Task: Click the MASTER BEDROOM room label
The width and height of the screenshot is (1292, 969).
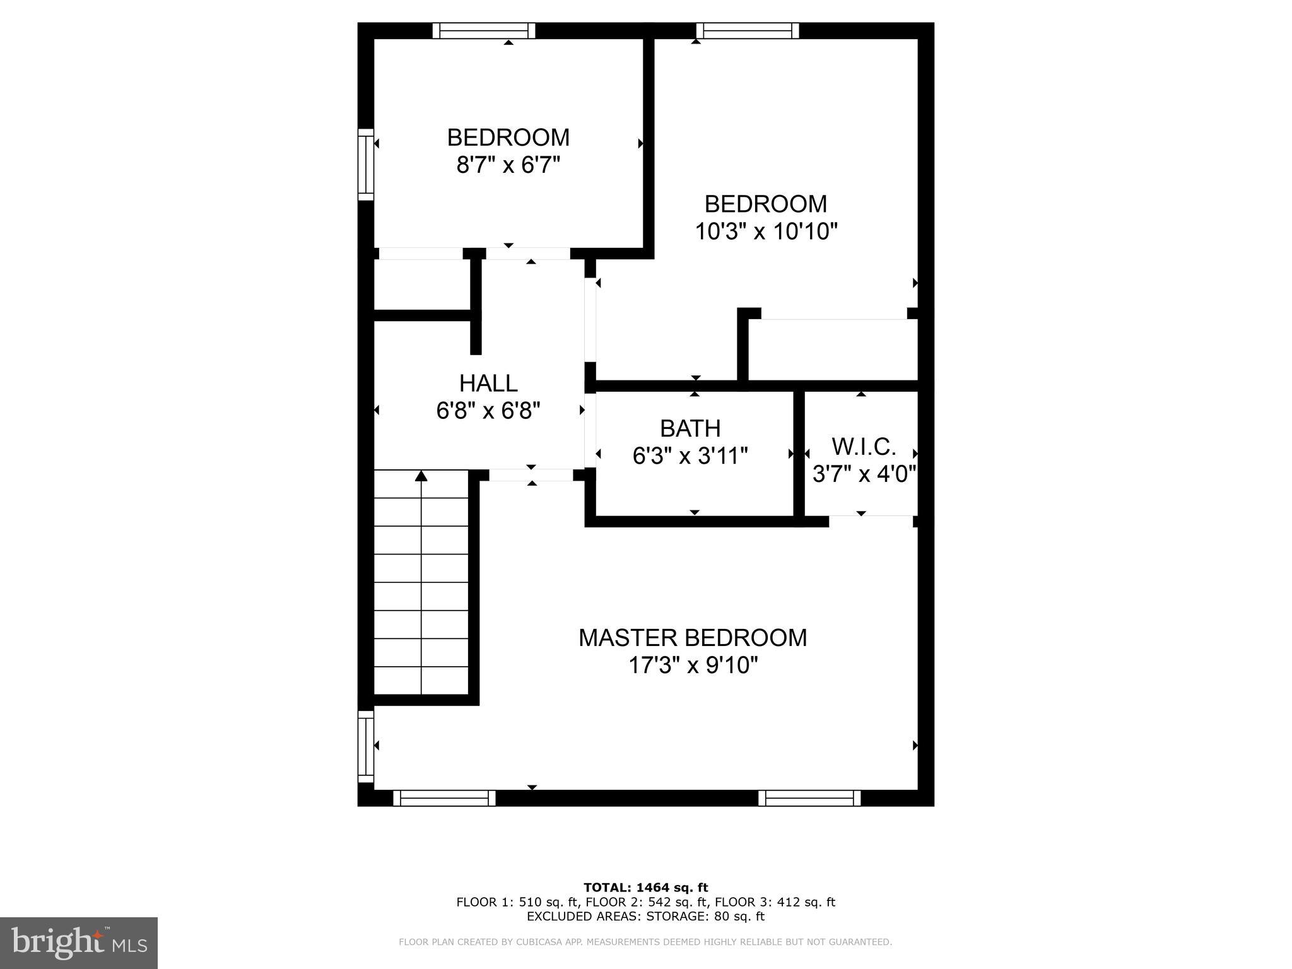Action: point(692,638)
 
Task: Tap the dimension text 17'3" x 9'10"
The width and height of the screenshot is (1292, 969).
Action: point(692,666)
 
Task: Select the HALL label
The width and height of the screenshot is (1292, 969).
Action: point(488,383)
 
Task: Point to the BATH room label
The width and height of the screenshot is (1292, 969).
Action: point(690,428)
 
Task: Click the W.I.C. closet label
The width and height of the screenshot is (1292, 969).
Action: point(863,447)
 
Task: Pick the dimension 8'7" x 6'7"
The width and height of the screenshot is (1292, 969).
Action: point(508,165)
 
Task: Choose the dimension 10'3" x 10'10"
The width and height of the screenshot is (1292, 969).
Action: point(765,232)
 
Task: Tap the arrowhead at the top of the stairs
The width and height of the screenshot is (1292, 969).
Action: point(421,476)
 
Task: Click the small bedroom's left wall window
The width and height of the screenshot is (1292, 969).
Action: point(366,165)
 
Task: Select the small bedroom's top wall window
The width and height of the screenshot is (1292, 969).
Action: point(484,30)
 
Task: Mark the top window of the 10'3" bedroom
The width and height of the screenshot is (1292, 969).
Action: point(748,30)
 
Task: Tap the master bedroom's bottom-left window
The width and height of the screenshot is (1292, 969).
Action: point(444,798)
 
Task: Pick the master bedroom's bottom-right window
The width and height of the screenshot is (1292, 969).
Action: point(809,798)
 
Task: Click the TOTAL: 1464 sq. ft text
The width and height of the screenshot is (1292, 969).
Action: point(645,888)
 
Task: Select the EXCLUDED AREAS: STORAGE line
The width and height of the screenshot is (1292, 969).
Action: point(645,916)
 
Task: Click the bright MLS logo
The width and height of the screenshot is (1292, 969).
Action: point(79,943)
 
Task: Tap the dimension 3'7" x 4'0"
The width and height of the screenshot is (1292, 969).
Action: point(864,473)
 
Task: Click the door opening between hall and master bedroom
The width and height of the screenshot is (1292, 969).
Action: point(531,475)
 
